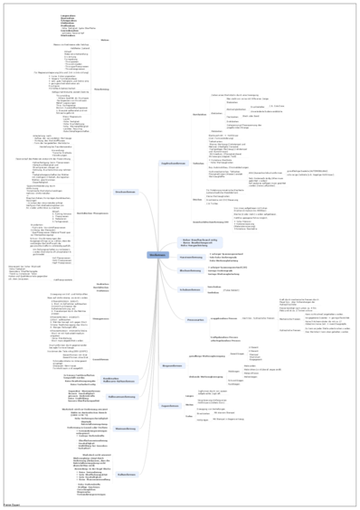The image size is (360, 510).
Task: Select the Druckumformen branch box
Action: tap(125, 192)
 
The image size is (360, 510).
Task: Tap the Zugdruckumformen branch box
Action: tap(172, 163)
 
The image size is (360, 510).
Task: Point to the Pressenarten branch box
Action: tap(195, 319)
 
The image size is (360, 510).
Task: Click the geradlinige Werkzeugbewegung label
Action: tap(208, 356)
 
